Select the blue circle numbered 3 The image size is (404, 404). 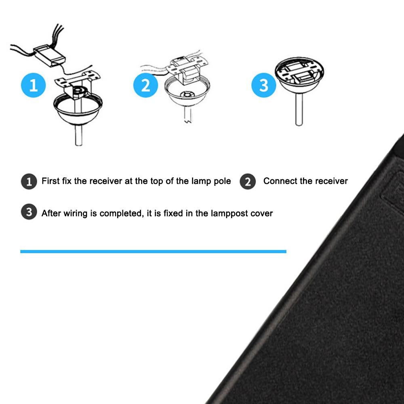263,85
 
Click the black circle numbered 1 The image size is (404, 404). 29,181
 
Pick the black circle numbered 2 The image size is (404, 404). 248,181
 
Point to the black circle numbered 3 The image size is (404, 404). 29,213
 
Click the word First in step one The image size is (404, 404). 50,181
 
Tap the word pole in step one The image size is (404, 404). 222,181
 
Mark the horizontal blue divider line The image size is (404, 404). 153,251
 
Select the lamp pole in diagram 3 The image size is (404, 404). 299,109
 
